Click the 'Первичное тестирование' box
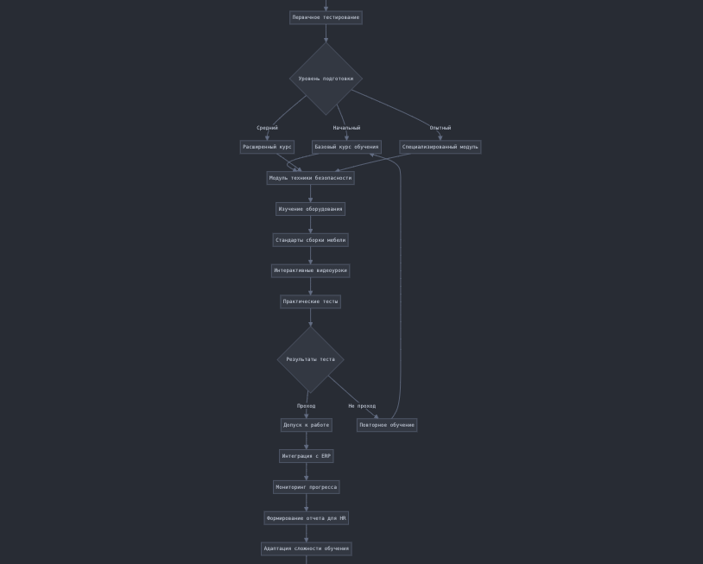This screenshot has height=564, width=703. click(326, 17)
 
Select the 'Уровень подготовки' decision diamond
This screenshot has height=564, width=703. click(326, 79)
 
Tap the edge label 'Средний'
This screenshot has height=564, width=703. click(267, 128)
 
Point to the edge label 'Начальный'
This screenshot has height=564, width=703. click(346, 128)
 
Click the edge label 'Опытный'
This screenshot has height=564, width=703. click(440, 128)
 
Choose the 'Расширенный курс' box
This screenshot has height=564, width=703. click(267, 147)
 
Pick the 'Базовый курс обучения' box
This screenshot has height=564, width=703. click(346, 147)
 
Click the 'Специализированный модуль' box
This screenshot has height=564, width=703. click(440, 147)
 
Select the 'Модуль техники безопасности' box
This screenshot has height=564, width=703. click(310, 178)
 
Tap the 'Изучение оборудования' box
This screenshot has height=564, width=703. click(310, 209)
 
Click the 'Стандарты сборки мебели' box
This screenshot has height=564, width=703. click(310, 240)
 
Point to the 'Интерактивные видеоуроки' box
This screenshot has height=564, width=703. click(310, 270)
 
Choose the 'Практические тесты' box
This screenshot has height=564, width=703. click(310, 301)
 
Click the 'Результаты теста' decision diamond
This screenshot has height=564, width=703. click(310, 359)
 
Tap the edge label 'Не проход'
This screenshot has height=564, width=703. click(362, 406)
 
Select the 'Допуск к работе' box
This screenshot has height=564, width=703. click(306, 425)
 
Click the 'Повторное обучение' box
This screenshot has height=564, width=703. click(387, 425)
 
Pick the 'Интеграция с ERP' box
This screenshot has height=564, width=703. click(306, 456)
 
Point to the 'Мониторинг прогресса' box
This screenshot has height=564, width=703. click(306, 487)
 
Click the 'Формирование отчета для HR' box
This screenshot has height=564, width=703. click(306, 518)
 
